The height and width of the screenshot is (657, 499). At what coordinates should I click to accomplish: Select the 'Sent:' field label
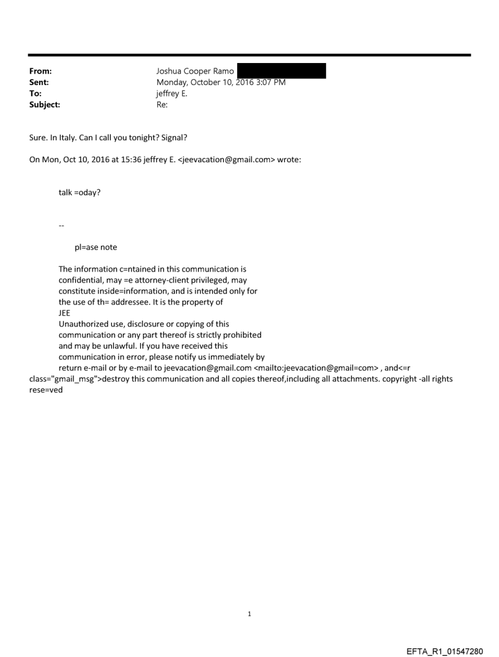coord(38,83)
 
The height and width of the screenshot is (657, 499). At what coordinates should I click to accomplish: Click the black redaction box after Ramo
coord(281,71)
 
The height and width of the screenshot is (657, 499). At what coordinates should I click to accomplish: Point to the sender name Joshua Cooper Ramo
coord(195,72)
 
